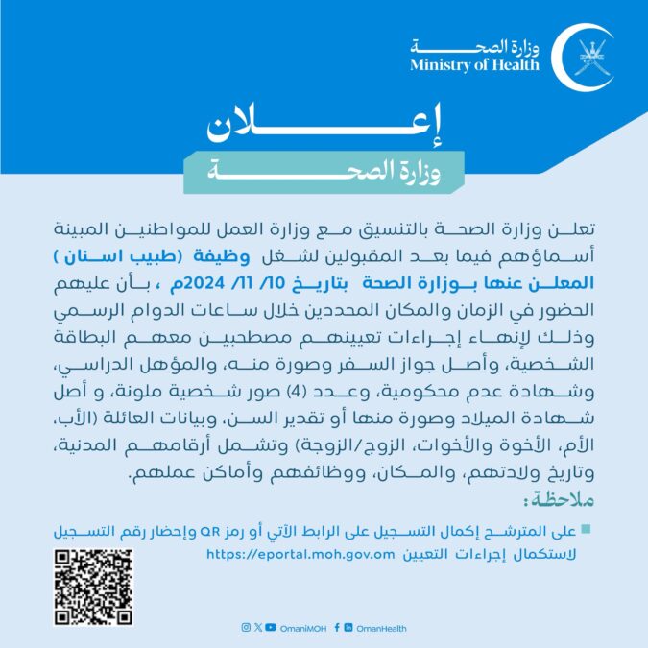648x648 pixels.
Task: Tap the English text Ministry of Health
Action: pyautogui.click(x=474, y=65)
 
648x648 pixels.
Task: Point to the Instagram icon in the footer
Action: pyautogui.click(x=246, y=628)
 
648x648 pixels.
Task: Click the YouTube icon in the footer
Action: pyautogui.click(x=271, y=628)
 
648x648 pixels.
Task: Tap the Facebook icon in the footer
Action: pyautogui.click(x=336, y=628)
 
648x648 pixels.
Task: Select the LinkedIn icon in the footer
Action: pyautogui.click(x=348, y=628)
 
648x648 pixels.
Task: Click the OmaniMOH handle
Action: pyautogui.click(x=301, y=628)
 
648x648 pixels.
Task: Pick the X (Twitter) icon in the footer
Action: pyautogui.click(x=257, y=628)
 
